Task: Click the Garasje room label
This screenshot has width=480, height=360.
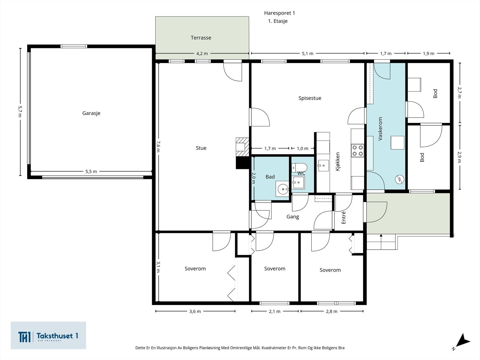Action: [x=91, y=113]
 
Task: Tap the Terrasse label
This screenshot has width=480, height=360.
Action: [x=201, y=38]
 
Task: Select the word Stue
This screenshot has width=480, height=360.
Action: [x=201, y=148]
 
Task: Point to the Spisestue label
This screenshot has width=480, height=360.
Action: [x=310, y=98]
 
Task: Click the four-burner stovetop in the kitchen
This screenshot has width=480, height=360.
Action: [x=358, y=151]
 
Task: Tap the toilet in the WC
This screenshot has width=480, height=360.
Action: [x=299, y=168]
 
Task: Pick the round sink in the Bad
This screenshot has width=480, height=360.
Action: [x=283, y=189]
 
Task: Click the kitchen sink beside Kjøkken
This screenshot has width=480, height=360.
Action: [x=323, y=166]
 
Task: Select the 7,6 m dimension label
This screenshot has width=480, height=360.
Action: [x=158, y=146]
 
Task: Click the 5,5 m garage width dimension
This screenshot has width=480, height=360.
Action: [x=91, y=172]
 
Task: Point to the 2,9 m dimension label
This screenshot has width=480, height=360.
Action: [x=459, y=157]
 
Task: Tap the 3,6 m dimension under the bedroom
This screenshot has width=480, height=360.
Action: [x=195, y=311]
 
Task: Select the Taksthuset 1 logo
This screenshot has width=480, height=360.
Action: [x=48, y=335]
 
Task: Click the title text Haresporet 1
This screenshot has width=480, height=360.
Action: [x=280, y=13]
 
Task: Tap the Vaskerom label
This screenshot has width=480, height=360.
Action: [x=380, y=129]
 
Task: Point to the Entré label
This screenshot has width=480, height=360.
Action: [x=343, y=217]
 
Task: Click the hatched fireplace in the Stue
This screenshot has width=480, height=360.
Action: [x=242, y=147]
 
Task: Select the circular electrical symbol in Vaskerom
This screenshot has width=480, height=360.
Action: [x=400, y=179]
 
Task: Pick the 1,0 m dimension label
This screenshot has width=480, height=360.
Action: [x=302, y=148]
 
